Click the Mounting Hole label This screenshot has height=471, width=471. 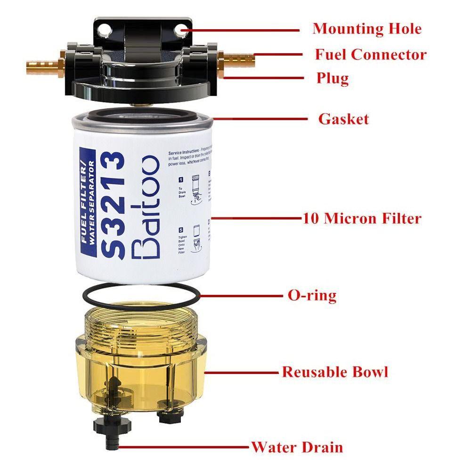(x=367, y=29)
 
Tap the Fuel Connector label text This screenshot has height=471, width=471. (x=371, y=55)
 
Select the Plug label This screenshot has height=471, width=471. (x=332, y=78)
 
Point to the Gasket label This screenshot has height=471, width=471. (x=343, y=119)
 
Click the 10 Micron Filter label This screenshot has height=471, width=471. (x=361, y=219)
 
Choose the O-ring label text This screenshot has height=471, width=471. (x=312, y=296)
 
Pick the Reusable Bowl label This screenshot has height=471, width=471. (x=335, y=372)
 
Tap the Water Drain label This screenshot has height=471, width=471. (x=297, y=447)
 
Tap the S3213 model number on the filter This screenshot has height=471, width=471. (x=113, y=204)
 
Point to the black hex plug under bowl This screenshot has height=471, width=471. (x=167, y=414)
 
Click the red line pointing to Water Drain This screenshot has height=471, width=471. (x=184, y=447)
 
